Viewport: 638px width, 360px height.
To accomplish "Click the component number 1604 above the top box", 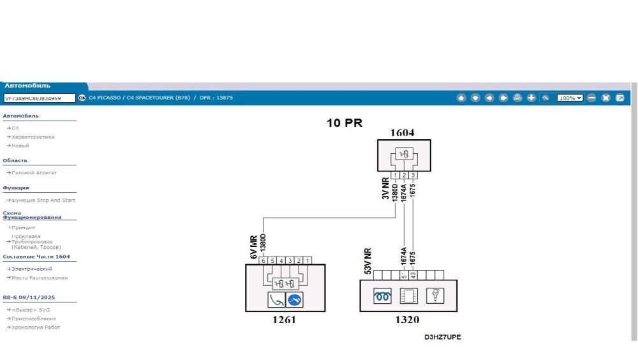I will (x=403, y=133).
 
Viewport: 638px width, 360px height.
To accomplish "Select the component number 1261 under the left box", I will (x=284, y=320).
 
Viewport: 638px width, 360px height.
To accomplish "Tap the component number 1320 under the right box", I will (x=407, y=320).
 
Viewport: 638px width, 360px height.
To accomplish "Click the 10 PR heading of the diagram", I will (x=345, y=123).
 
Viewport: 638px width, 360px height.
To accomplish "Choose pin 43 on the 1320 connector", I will (x=413, y=275).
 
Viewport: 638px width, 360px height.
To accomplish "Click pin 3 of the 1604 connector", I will (x=413, y=175).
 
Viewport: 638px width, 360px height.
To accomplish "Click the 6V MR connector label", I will (x=254, y=245).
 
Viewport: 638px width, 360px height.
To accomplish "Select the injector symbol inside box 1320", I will (x=435, y=296).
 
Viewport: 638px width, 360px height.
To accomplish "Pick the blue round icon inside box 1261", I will (x=295, y=299).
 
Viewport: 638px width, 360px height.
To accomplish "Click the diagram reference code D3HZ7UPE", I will (x=443, y=337).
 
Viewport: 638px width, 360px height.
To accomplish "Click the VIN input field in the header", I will (x=38, y=98).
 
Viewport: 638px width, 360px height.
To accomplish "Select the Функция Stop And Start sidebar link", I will (x=43, y=200).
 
